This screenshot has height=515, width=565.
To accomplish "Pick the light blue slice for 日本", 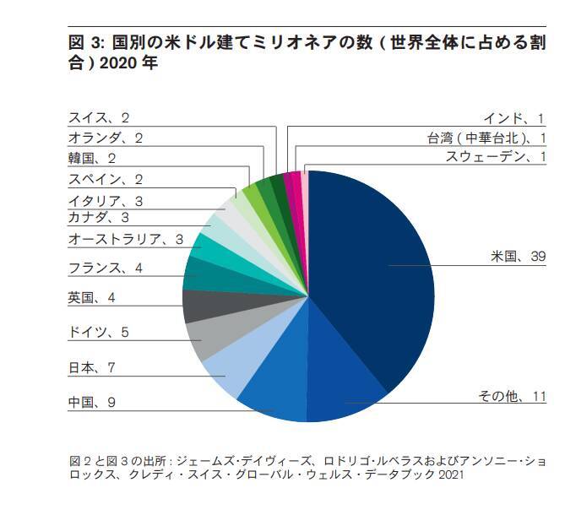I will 228,371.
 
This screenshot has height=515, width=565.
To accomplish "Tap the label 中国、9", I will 92,403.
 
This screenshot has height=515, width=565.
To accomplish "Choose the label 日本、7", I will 92,367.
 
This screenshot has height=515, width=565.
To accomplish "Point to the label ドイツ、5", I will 98,332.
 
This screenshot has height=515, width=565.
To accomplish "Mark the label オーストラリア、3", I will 126,240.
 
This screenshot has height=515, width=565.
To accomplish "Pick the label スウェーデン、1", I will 495,158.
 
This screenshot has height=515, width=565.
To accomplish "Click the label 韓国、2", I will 92,158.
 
